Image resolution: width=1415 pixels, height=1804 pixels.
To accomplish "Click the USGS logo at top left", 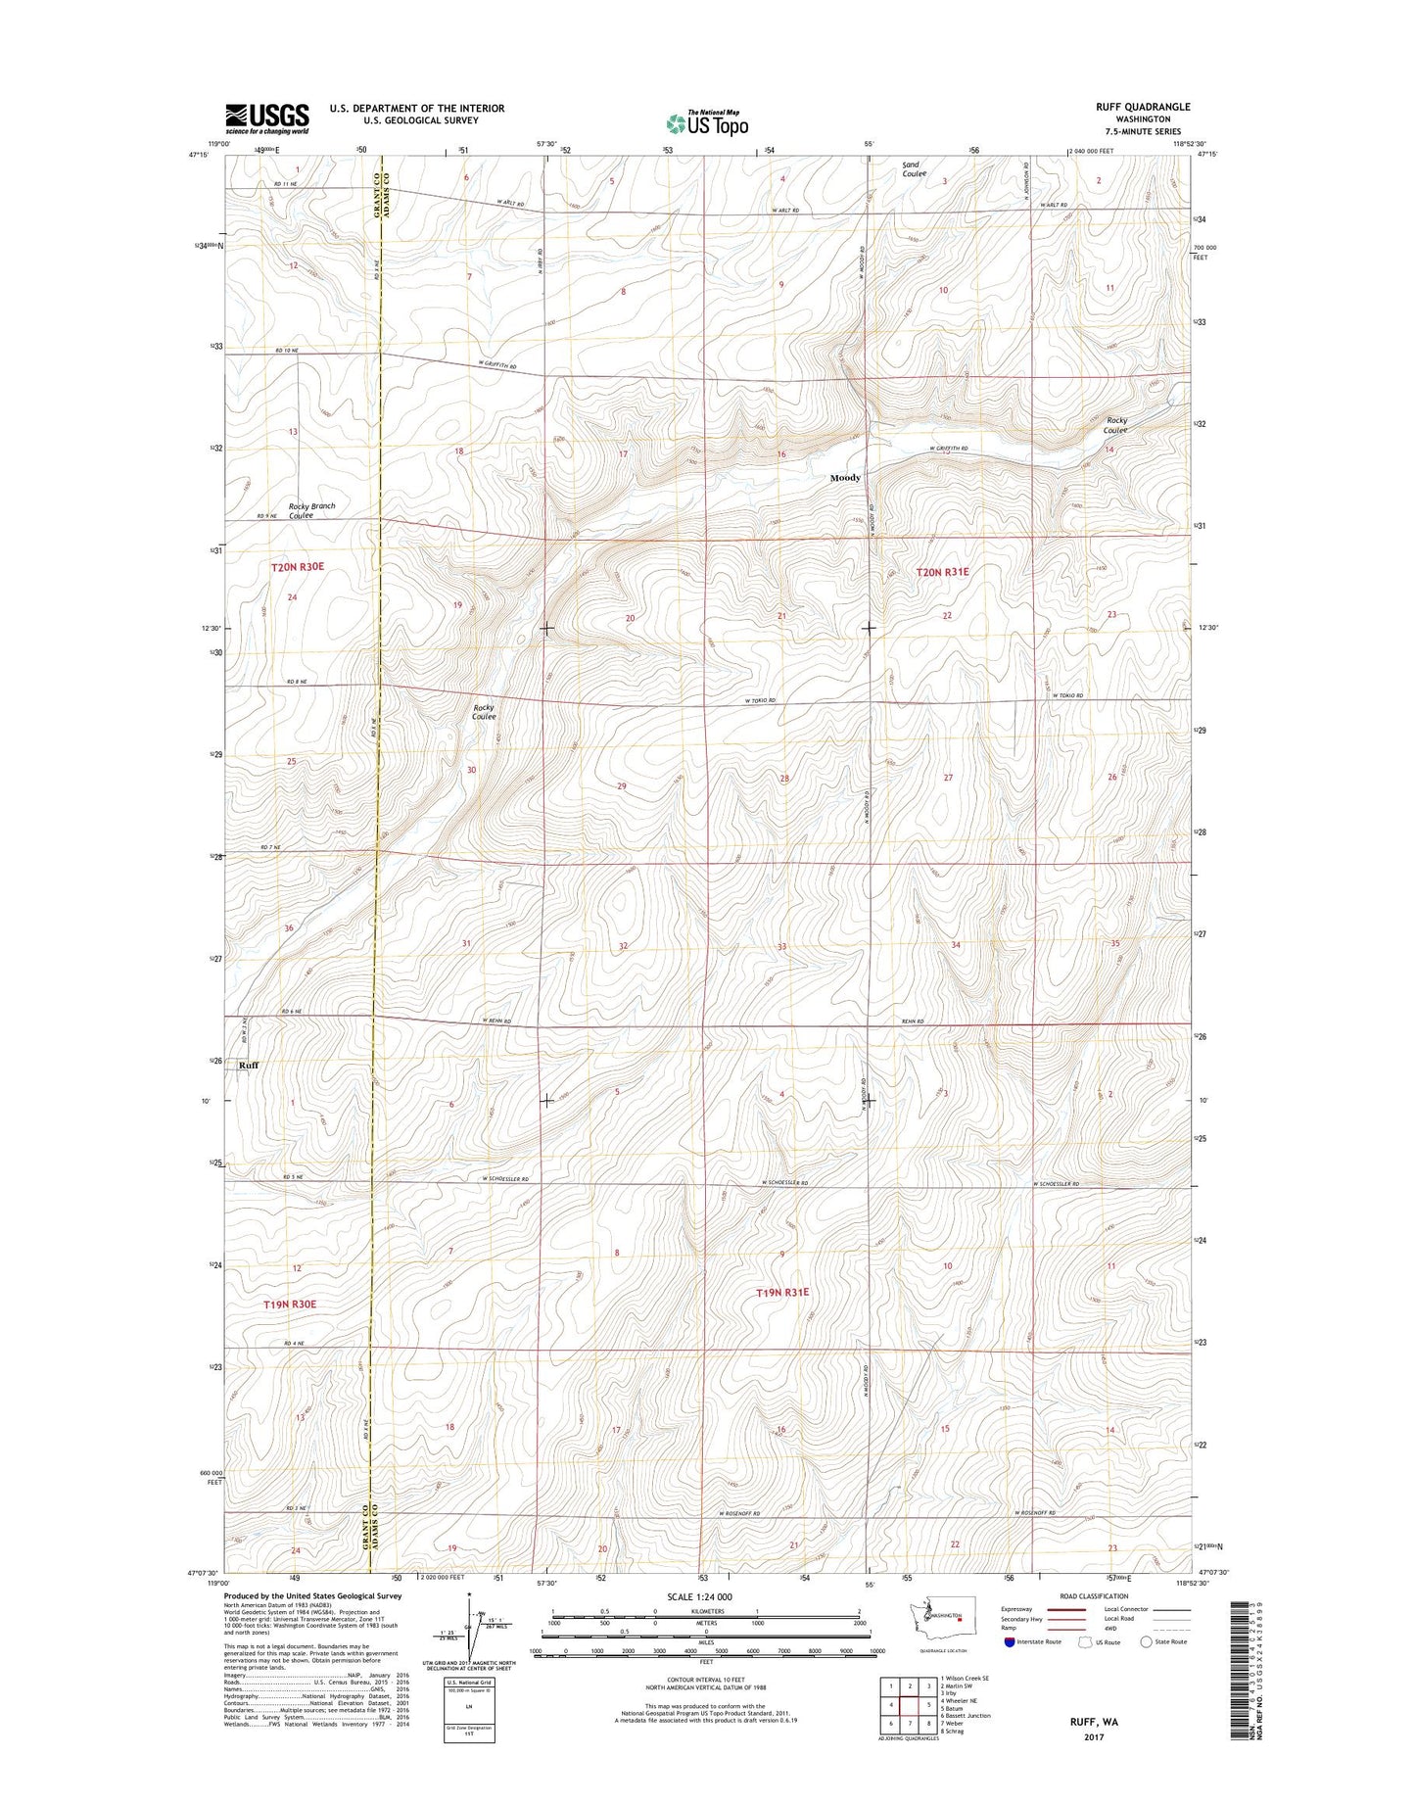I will click(266, 119).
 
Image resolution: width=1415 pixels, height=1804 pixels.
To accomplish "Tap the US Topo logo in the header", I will click(707, 122).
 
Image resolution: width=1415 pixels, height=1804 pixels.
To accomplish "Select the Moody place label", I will click(845, 478).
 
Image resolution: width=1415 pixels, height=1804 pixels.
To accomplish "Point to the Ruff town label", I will click(249, 1065).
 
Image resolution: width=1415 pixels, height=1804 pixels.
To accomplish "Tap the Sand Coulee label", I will click(914, 169).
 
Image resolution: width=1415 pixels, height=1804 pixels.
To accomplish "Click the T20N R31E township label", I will click(942, 571).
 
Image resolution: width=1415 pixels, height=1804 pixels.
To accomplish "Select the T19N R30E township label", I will click(290, 1305).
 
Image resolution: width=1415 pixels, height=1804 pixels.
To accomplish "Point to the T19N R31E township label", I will click(781, 1293).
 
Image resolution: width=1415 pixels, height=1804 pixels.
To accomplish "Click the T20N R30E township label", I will click(298, 567).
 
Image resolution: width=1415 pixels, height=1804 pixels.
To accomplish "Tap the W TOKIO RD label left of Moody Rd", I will click(759, 701).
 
